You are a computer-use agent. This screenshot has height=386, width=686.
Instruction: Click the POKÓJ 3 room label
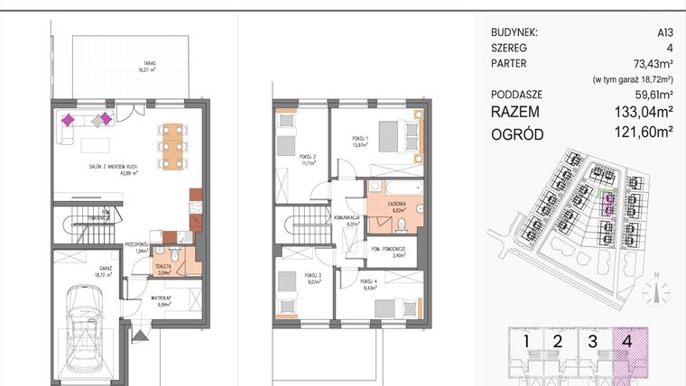coord(313,278)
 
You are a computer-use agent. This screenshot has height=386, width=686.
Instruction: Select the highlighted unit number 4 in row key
coord(626,341)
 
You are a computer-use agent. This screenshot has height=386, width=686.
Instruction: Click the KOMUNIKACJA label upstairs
coord(347,220)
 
